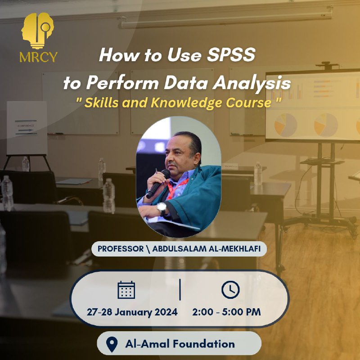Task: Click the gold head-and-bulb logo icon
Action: pyautogui.click(x=38, y=31)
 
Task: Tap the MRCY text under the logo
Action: pyautogui.click(x=38, y=57)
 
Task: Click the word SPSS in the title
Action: pyautogui.click(x=231, y=55)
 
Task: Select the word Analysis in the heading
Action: pyautogui.click(x=252, y=83)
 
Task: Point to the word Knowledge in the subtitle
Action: pyautogui.click(x=188, y=103)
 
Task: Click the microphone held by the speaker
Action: pyautogui.click(x=158, y=184)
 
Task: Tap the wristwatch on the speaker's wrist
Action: pyautogui.click(x=162, y=208)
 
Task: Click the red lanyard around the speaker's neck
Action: pyautogui.click(x=177, y=188)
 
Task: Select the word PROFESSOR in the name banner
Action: pyautogui.click(x=121, y=249)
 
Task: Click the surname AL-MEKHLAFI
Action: pyautogui.click(x=234, y=249)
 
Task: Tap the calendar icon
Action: pyautogui.click(x=126, y=290)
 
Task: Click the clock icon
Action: pyautogui.click(x=230, y=289)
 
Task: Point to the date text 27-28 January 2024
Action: pyautogui.click(x=132, y=312)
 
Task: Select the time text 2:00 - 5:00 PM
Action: pyautogui.click(x=226, y=312)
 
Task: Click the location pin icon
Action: pyautogui.click(x=112, y=344)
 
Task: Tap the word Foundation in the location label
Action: pyautogui.click(x=204, y=344)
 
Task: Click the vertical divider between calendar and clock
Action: pyautogui.click(x=180, y=290)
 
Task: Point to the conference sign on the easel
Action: pyautogui.click(x=27, y=128)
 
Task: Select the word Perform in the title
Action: pyautogui.click(x=122, y=83)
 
